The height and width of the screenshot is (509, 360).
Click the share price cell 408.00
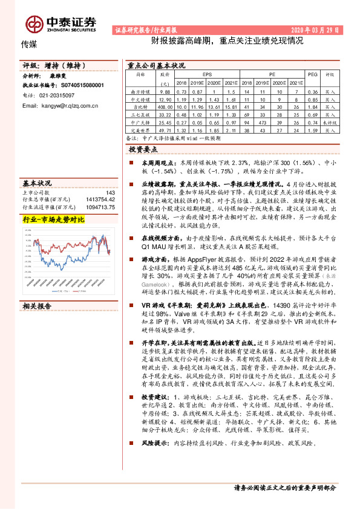pyautogui.click(x=165, y=106)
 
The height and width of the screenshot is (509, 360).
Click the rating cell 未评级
pyautogui.click(x=329, y=122)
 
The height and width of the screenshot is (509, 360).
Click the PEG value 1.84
pyautogui.click(x=312, y=106)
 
